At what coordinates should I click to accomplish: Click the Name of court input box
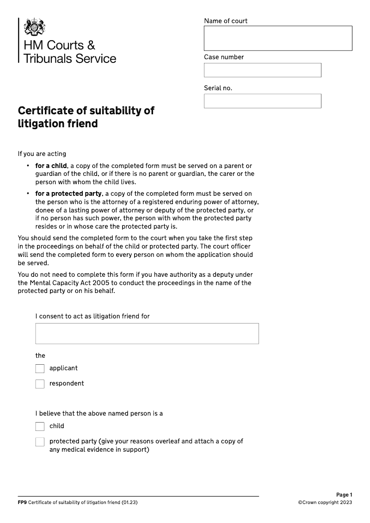[x=277, y=38]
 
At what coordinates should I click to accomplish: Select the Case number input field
[x=262, y=70]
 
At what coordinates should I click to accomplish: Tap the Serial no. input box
[x=262, y=101]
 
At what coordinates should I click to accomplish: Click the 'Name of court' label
[x=226, y=21]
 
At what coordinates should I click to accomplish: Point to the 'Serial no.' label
[x=218, y=88]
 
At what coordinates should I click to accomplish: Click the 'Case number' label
[x=224, y=57]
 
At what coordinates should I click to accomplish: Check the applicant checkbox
[x=40, y=368]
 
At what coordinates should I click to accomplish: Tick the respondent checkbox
[x=40, y=384]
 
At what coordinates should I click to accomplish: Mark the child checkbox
[x=40, y=426]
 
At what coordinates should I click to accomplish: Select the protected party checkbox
[x=40, y=442]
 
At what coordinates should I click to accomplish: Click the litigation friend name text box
[x=147, y=333]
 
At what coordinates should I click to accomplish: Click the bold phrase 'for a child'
[x=51, y=166]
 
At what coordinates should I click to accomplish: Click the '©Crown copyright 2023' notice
[x=325, y=503]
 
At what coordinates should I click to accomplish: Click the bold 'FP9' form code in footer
[x=22, y=503]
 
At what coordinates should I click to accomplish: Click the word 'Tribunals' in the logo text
[x=44, y=59]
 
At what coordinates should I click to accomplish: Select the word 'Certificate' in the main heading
[x=43, y=111]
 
